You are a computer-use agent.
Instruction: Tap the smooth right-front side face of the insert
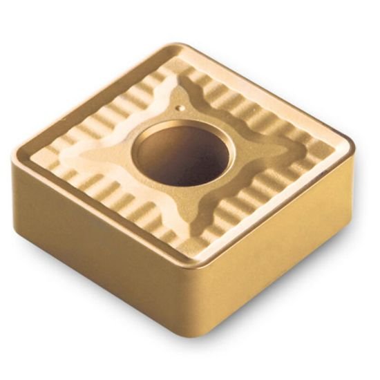point(283,249)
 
